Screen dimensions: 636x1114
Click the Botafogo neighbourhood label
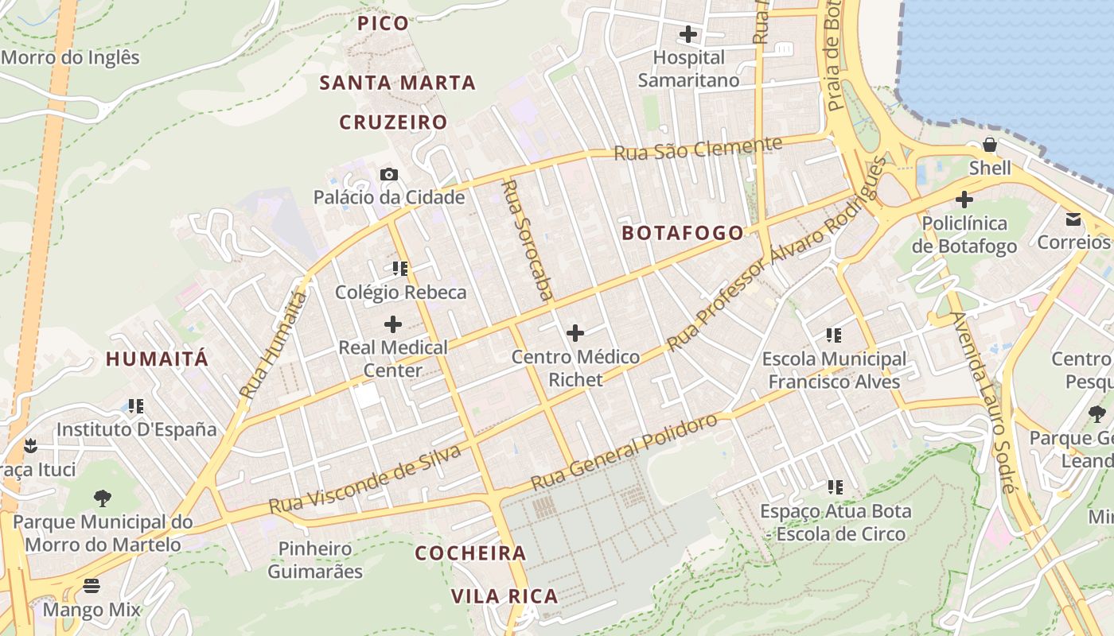tap(683, 233)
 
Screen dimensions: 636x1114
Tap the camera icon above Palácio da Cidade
tap(388, 174)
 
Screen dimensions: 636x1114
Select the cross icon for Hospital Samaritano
tap(688, 34)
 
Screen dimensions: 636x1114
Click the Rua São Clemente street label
tap(698, 148)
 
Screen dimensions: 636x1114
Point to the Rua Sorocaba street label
tap(527, 239)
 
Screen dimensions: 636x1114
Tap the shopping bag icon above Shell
tap(990, 145)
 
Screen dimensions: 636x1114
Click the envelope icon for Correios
tap(1073, 219)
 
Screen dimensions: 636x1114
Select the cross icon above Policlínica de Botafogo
tap(964, 199)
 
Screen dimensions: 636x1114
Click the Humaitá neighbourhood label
tap(157, 359)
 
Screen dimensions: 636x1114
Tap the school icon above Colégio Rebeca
tap(400, 269)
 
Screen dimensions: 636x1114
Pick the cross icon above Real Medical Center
tap(392, 324)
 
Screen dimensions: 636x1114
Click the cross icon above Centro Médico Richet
tap(575, 332)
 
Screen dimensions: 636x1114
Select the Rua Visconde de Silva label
tap(365, 480)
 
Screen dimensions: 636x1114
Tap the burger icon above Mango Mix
tap(92, 587)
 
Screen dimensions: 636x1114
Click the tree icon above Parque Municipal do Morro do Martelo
tap(102, 498)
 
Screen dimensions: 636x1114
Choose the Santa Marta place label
tap(397, 83)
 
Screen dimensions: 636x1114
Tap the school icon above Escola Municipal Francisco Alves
tap(834, 335)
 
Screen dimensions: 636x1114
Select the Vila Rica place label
tap(504, 596)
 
